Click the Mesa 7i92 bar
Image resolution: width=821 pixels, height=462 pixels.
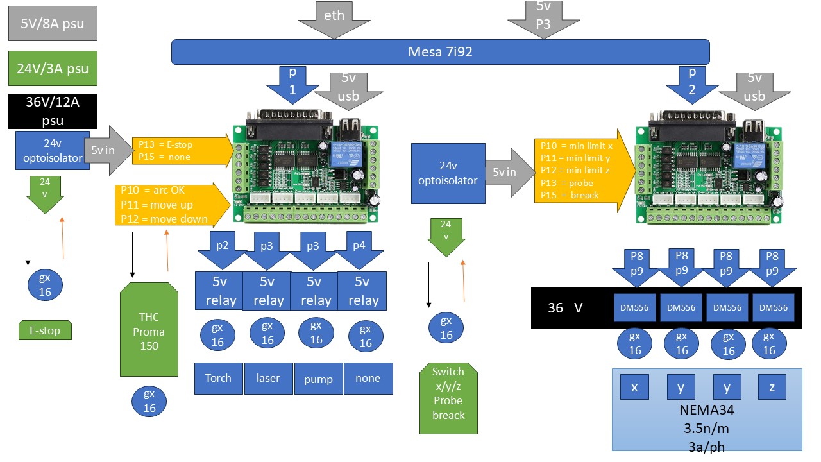click(440, 52)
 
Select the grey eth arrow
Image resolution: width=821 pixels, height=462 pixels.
click(334, 17)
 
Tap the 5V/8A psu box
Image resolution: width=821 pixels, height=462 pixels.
click(53, 24)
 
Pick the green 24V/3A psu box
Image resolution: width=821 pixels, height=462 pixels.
click(53, 69)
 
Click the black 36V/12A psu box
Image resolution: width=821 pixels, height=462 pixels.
click(53, 110)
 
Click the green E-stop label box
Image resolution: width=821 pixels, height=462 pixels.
click(45, 331)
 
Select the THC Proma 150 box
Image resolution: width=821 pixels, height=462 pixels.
click(149, 331)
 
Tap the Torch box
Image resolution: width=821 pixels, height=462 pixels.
click(219, 378)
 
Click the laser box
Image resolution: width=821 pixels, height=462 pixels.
click(268, 378)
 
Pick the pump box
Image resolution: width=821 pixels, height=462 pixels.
click(318, 379)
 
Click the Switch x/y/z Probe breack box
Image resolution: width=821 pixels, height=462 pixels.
click(448, 393)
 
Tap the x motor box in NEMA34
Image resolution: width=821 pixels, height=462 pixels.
click(635, 388)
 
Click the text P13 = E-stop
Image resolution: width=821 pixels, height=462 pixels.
click(165, 144)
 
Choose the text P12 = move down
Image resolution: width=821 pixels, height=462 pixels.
click(164, 219)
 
